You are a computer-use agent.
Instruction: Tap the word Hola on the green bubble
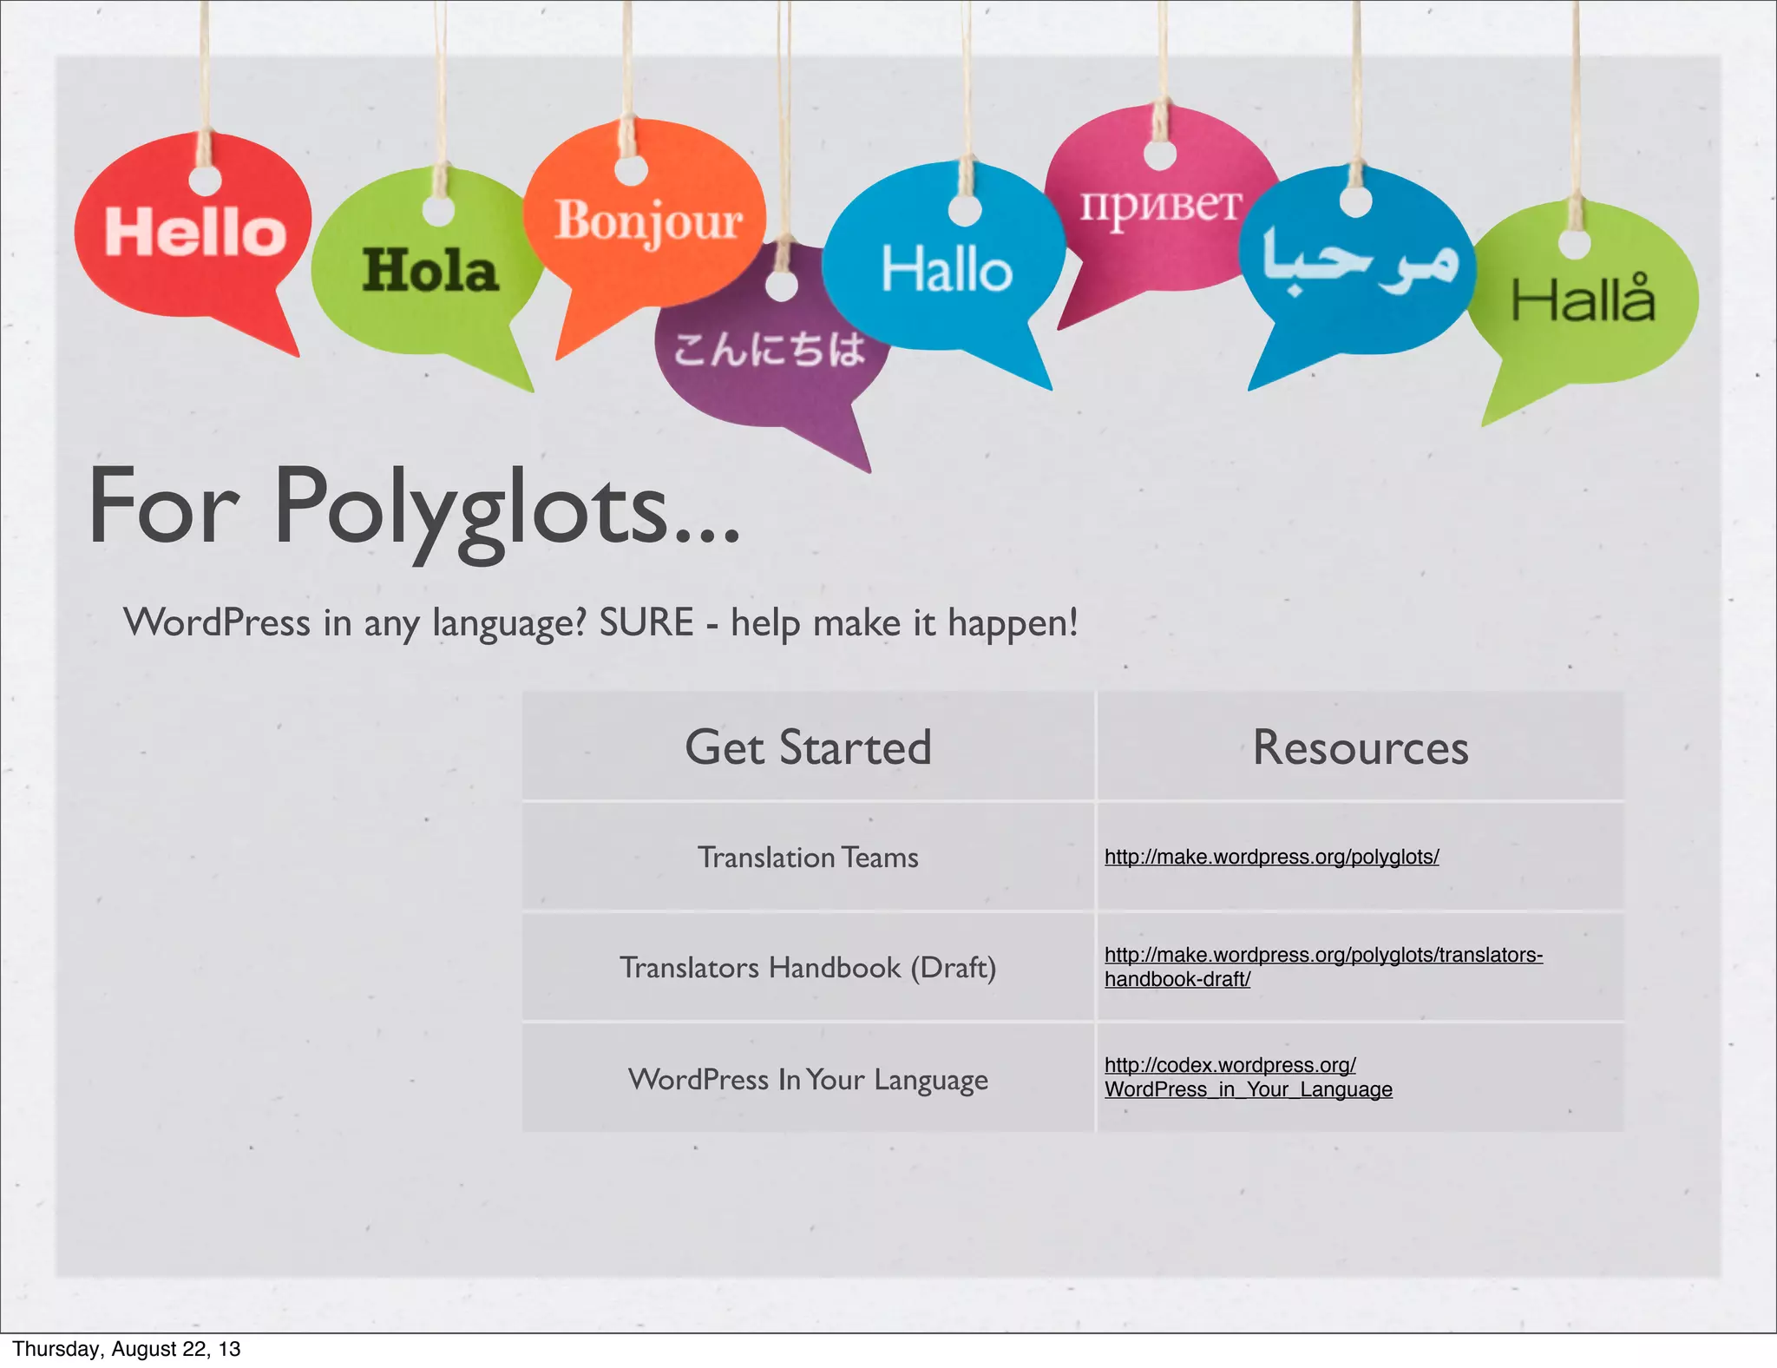(430, 271)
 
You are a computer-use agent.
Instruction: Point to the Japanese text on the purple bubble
(770, 350)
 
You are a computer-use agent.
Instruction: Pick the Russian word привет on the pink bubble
(1160, 206)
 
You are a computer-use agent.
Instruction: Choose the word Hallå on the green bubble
(1583, 299)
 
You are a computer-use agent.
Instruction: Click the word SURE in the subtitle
(646, 622)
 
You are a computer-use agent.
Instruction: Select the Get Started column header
(808, 747)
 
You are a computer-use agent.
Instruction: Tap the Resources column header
(1360, 747)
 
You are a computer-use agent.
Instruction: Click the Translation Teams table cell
(808, 858)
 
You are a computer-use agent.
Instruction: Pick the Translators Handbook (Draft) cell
(808, 967)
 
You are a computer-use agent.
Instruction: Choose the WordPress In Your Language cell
(808, 1079)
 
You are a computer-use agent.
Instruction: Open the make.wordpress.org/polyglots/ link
(1271, 857)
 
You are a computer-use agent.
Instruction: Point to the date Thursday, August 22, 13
(127, 1348)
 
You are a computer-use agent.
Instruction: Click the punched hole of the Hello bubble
(206, 181)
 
